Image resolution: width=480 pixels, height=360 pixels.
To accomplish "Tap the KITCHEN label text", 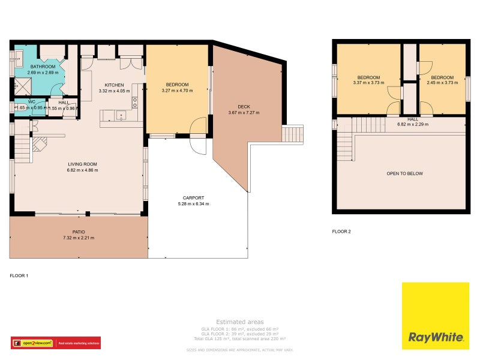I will point(114,85).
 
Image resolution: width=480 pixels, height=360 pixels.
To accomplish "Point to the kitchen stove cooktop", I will point(135,101).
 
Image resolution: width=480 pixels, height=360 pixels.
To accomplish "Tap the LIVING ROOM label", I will point(83,164).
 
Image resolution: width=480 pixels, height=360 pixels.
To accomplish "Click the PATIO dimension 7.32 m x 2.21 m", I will point(79,238).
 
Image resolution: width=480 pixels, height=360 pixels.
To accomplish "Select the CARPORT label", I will point(194,197).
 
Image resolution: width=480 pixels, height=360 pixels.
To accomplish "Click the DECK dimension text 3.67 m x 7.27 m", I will point(243,113).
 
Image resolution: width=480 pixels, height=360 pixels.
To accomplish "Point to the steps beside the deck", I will point(293,133).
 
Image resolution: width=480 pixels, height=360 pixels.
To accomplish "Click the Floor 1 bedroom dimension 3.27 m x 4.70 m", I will point(177,91).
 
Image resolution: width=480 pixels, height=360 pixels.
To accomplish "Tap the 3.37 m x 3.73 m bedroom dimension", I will point(368,83).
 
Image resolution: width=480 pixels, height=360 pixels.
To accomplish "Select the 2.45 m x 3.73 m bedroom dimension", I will point(442,83).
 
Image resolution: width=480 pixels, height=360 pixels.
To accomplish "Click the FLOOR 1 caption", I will point(19,275).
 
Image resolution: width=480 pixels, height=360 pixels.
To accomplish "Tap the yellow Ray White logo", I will point(435,315).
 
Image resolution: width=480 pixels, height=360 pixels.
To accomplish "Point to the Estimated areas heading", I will point(239,322).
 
